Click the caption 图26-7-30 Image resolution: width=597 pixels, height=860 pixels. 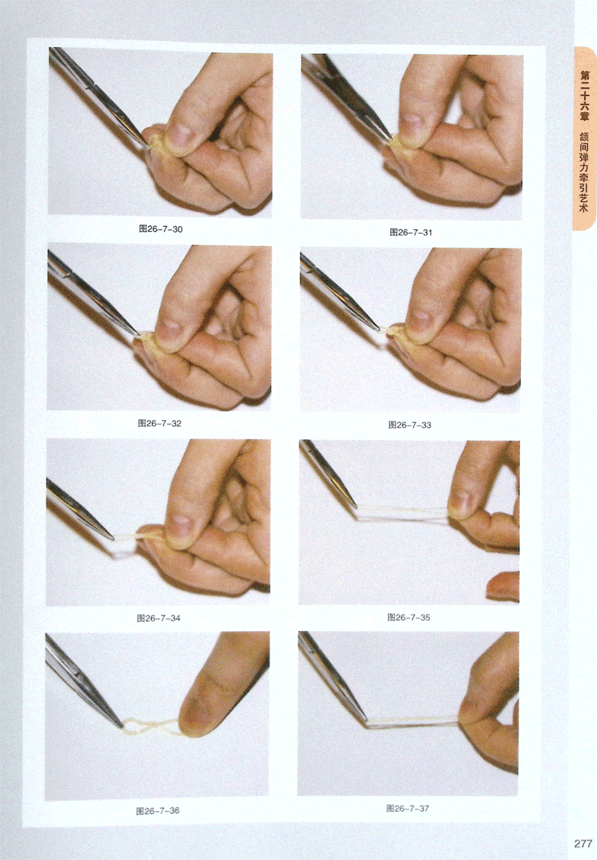click(160, 229)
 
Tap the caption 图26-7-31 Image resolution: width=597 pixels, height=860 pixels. click(411, 232)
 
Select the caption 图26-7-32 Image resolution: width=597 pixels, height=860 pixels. click(159, 423)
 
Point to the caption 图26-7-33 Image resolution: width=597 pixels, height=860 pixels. click(410, 425)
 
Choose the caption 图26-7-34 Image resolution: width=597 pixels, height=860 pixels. click(158, 618)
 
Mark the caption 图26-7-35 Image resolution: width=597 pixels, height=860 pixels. click(409, 617)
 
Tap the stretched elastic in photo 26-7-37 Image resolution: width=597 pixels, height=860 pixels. click(414, 722)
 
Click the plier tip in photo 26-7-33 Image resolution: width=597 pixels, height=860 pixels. click(378, 329)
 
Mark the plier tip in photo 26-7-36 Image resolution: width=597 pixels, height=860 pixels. click(121, 725)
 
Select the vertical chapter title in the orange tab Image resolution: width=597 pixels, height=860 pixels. click(584, 140)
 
